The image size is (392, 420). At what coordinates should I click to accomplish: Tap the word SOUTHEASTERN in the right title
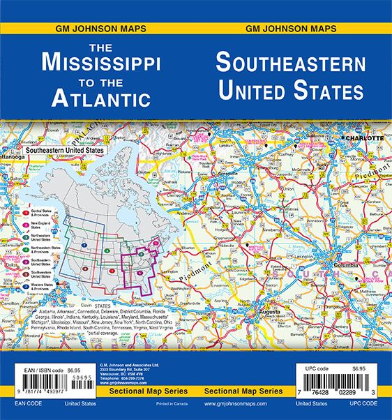pos(290,63)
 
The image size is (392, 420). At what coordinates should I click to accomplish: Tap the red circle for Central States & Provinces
pos(26,210)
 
